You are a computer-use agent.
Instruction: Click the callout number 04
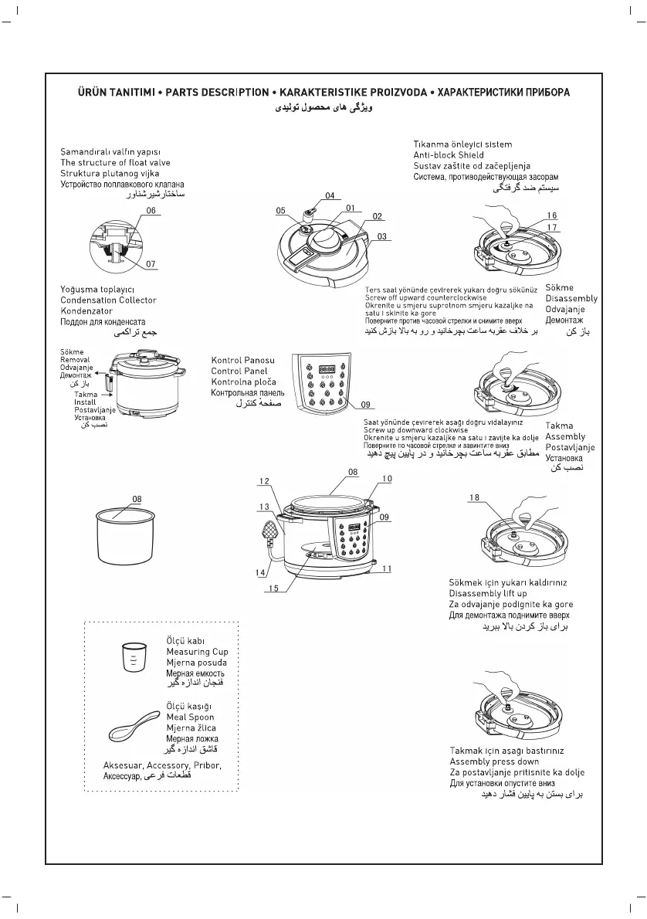pos(330,195)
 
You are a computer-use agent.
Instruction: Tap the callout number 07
pos(151,264)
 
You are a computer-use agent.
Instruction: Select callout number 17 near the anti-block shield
pos(551,227)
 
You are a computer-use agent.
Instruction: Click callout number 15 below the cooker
pos(272,589)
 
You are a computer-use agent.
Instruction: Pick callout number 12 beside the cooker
pos(264,481)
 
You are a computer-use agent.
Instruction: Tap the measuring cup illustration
pos(134,659)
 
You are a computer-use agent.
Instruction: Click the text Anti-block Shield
pos(449,155)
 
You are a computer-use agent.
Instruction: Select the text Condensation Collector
pos(108,300)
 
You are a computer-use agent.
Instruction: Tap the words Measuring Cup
pos(198,652)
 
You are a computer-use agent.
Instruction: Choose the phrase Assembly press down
pos(495,761)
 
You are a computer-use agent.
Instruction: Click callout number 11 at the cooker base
pos(387,568)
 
